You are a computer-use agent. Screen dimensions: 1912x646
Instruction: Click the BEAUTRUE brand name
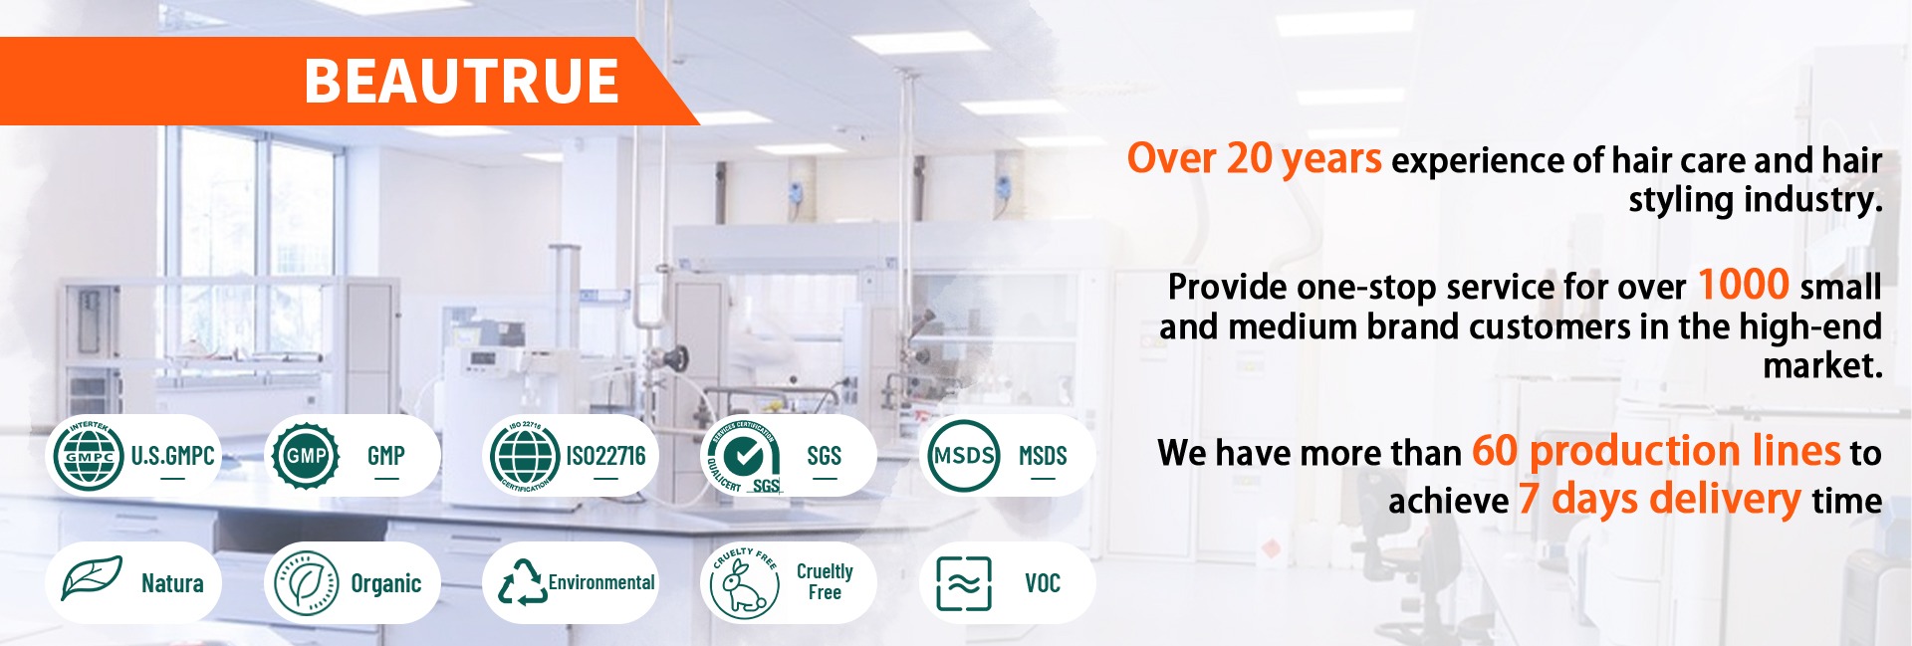(x=461, y=81)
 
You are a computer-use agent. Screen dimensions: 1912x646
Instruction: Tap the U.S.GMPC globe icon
(x=89, y=456)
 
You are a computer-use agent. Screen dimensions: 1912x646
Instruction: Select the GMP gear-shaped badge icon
(x=307, y=456)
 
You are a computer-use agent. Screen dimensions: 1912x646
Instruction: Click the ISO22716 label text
(x=605, y=456)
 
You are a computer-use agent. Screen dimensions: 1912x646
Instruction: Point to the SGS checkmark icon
(x=744, y=456)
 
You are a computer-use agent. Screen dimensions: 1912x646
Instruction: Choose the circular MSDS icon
(x=963, y=456)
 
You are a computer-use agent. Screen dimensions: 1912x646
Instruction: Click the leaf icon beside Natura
(x=92, y=578)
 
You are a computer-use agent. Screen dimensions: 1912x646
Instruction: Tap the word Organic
(x=386, y=584)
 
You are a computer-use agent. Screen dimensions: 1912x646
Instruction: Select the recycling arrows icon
(x=523, y=582)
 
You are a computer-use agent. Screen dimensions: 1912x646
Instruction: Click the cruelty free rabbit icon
(x=744, y=583)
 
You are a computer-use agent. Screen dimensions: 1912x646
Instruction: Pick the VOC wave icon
(x=964, y=583)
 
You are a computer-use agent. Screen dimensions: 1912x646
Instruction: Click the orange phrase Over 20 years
(x=1254, y=159)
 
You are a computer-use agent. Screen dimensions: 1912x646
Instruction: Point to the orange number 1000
(x=1744, y=285)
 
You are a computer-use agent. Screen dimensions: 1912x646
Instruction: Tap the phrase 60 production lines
(x=1656, y=451)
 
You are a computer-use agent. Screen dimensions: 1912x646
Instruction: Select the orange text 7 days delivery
(x=1659, y=498)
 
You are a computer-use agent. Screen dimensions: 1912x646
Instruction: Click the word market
(x=1822, y=366)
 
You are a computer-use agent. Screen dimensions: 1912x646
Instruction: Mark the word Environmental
(x=601, y=582)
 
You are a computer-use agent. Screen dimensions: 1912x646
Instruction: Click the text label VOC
(x=1043, y=583)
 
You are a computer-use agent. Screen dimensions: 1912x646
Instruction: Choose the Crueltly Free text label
(x=825, y=581)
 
